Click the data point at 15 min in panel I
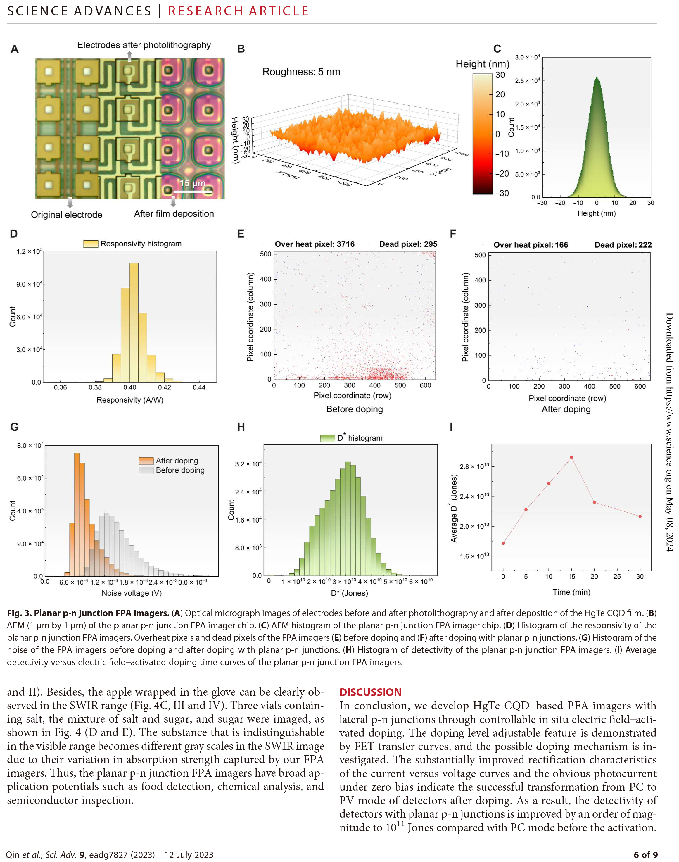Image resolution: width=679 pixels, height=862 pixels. click(x=572, y=458)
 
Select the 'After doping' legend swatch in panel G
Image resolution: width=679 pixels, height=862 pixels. click(x=146, y=461)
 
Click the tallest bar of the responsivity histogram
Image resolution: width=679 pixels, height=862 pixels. click(x=134, y=322)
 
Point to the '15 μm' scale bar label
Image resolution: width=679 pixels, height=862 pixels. click(x=192, y=183)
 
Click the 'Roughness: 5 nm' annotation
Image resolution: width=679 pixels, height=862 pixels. click(x=301, y=72)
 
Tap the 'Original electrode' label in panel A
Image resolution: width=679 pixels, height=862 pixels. click(x=66, y=215)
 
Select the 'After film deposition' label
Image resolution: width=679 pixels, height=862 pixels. click(x=174, y=214)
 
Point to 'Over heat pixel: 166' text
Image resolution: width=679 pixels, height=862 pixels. click(x=531, y=245)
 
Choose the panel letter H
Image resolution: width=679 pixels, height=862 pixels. click(x=241, y=427)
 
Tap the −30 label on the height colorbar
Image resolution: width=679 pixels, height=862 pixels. click(x=502, y=193)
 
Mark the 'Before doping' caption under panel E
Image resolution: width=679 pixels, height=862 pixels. click(x=354, y=409)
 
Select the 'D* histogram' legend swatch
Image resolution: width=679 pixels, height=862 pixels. click(x=328, y=438)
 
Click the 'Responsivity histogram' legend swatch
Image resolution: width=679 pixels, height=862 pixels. click(x=91, y=244)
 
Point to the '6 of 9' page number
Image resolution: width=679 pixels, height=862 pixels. click(x=646, y=854)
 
